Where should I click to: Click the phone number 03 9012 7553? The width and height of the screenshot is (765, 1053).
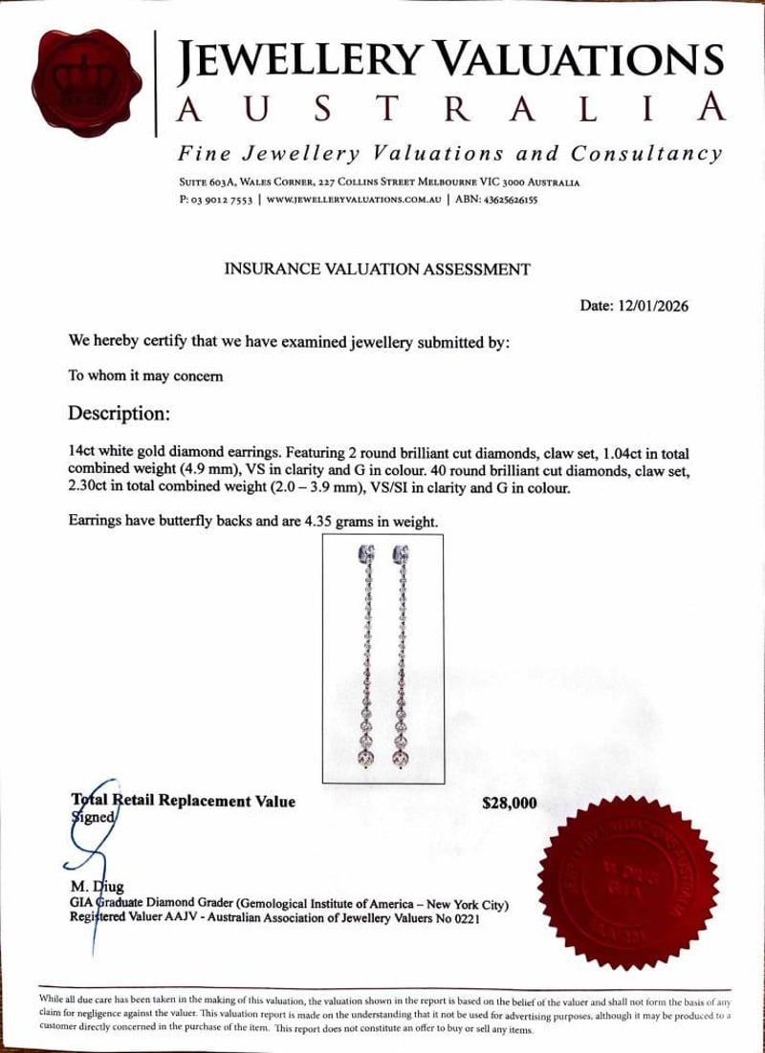[219, 201]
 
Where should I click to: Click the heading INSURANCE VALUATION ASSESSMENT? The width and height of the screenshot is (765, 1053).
[377, 269]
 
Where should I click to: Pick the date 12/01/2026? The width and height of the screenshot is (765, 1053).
[654, 306]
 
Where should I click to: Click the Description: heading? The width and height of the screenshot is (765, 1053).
[120, 414]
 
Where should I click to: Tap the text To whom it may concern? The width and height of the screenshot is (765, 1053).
[145, 376]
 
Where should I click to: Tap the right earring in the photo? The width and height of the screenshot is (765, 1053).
[400, 659]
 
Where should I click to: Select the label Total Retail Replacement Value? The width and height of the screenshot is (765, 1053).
[184, 801]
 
